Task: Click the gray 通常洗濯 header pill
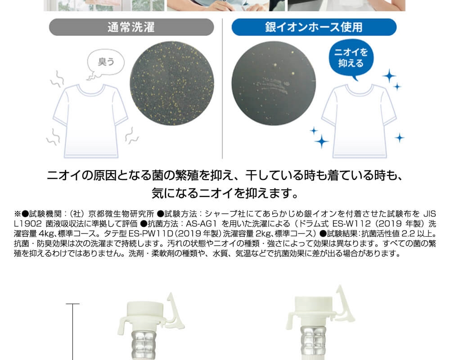tap(131, 27)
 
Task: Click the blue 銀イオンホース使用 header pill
tap(314, 27)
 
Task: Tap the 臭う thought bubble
tap(106, 63)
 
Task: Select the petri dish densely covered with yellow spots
tap(172, 83)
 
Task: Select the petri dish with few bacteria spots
tap(274, 83)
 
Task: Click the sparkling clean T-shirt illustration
tap(359, 121)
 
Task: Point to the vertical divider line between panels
tap(222, 88)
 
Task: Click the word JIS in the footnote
tap(430, 214)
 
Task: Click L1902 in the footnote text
tap(28, 224)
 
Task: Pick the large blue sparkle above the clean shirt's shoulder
tap(389, 76)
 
